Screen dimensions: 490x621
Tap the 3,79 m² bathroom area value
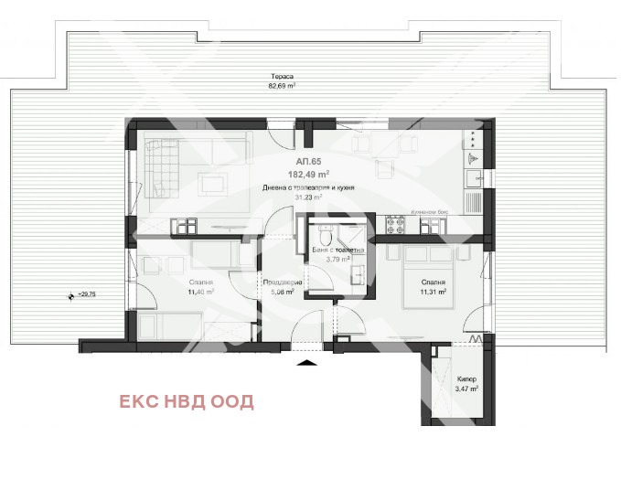338,259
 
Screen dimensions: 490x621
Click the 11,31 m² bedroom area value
433,293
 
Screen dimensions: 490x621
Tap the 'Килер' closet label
466,378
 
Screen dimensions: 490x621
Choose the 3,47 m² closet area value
466,389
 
